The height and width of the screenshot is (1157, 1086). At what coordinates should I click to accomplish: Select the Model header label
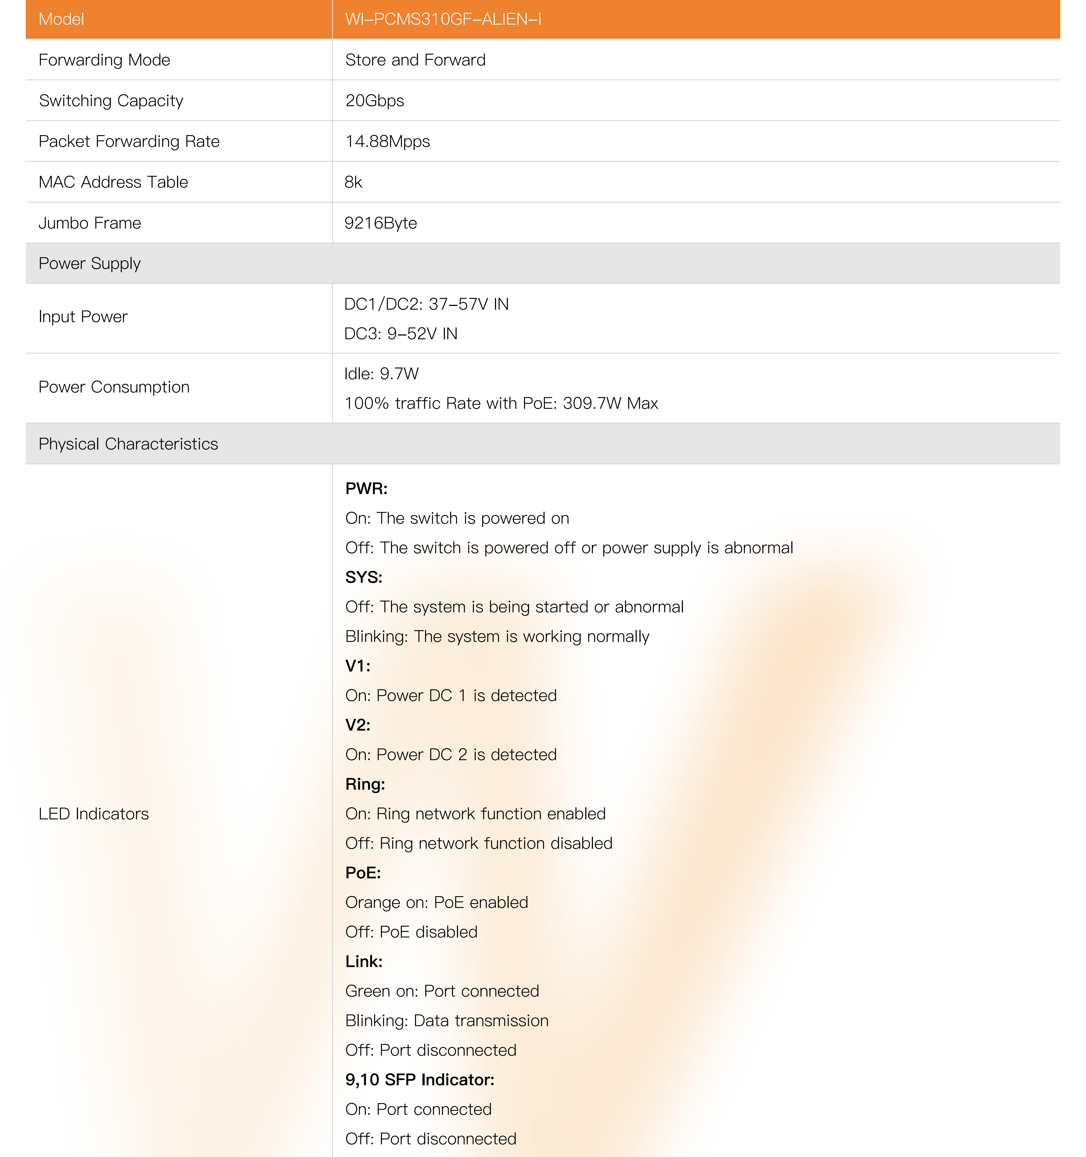click(x=61, y=19)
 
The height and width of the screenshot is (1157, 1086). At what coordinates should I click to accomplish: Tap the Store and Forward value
click(x=415, y=60)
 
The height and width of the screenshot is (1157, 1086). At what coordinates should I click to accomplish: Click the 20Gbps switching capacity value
click(x=374, y=101)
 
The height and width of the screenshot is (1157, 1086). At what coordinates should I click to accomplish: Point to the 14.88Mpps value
click(x=387, y=141)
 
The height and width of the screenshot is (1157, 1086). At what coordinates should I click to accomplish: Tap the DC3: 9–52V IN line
click(x=400, y=334)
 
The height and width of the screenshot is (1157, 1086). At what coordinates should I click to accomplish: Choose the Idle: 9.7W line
click(x=381, y=374)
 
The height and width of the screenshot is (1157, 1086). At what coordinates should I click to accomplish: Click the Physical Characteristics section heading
click(x=128, y=444)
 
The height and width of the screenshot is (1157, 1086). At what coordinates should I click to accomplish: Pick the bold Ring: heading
click(x=365, y=784)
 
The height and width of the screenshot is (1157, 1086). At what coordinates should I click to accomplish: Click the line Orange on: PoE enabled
click(x=436, y=902)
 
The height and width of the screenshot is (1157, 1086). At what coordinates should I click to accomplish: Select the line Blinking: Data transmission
click(x=446, y=1020)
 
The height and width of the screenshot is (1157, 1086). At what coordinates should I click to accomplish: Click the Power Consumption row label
click(x=114, y=387)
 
